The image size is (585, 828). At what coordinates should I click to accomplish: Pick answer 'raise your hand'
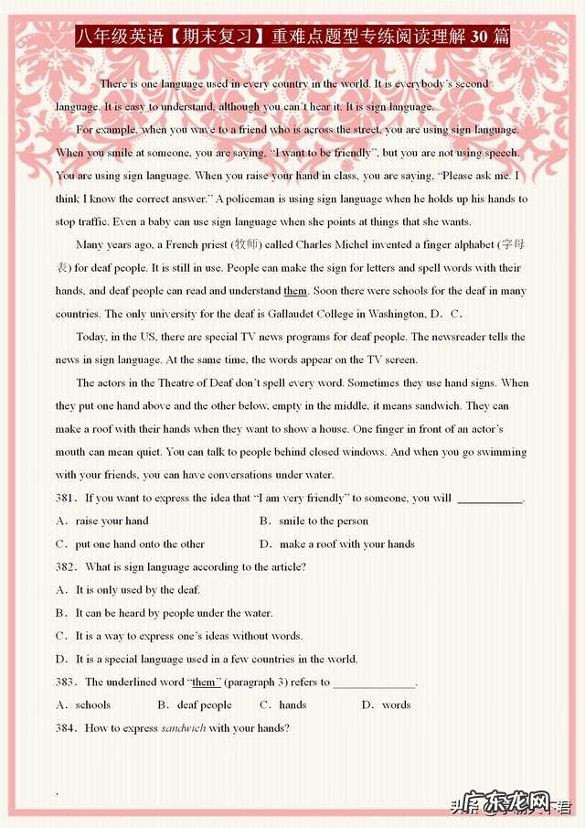[x=112, y=522]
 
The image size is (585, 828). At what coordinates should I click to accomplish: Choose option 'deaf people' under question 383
[x=204, y=705]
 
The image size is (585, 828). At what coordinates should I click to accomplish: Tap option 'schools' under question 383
[x=92, y=705]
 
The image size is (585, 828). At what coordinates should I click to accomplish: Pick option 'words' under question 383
[x=396, y=705]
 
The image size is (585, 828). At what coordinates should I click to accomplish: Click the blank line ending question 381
[x=489, y=500]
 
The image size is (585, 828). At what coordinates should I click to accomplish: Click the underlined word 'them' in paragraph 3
[x=295, y=291]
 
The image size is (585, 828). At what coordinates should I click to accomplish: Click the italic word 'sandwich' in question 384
[x=184, y=728]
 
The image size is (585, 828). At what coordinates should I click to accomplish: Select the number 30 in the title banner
[x=480, y=38]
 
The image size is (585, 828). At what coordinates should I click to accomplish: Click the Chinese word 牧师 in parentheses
[x=245, y=245]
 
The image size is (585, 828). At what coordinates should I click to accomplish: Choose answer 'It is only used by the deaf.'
[x=137, y=590]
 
